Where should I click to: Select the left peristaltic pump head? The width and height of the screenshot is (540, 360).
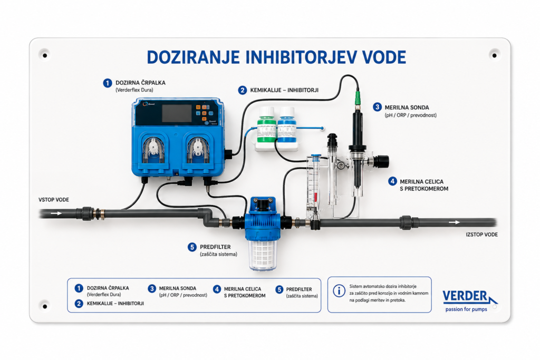click(x=153, y=151)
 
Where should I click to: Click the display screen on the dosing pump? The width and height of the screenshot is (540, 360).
click(x=177, y=113)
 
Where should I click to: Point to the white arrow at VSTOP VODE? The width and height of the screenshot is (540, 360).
click(x=56, y=213)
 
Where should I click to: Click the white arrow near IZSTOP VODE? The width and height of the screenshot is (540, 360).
click(x=454, y=222)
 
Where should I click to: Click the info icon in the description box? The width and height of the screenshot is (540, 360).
click(x=339, y=291)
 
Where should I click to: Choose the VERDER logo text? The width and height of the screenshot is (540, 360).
click(x=465, y=296)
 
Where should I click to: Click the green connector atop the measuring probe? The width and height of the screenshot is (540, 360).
click(x=358, y=98)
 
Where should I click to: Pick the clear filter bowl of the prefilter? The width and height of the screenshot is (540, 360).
click(x=264, y=255)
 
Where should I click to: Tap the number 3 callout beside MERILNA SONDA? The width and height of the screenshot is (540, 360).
click(x=377, y=107)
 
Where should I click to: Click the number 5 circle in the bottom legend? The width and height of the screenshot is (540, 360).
click(x=279, y=289)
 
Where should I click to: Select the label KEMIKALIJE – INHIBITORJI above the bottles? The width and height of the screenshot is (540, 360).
click(x=284, y=90)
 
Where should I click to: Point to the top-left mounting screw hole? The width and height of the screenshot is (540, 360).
click(x=45, y=55)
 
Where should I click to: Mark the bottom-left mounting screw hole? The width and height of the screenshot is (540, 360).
click(x=45, y=306)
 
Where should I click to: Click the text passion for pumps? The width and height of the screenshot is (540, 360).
click(x=466, y=309)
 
